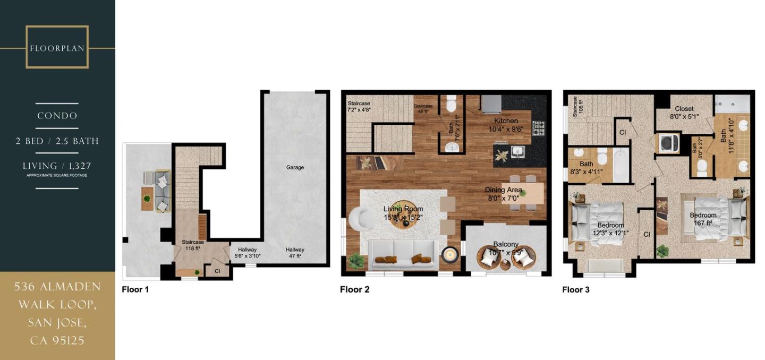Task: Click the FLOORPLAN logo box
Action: [x=57, y=47]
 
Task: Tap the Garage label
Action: [x=295, y=167]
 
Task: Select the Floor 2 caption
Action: [x=354, y=289]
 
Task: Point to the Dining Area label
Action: [x=503, y=193]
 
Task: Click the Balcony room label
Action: [x=505, y=248]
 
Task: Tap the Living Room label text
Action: [x=403, y=213]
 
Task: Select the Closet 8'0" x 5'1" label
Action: [x=684, y=112]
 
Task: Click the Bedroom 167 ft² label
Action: [x=703, y=219]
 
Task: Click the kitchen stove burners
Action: [x=539, y=127]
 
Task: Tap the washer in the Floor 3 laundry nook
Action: [x=666, y=142]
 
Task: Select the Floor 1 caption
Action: [x=135, y=289]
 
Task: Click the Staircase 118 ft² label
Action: [x=193, y=245]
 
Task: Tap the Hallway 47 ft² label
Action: [x=295, y=253]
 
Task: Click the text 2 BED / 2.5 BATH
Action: [x=57, y=141]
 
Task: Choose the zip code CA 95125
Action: [x=57, y=340]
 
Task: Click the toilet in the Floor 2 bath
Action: [x=451, y=104]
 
